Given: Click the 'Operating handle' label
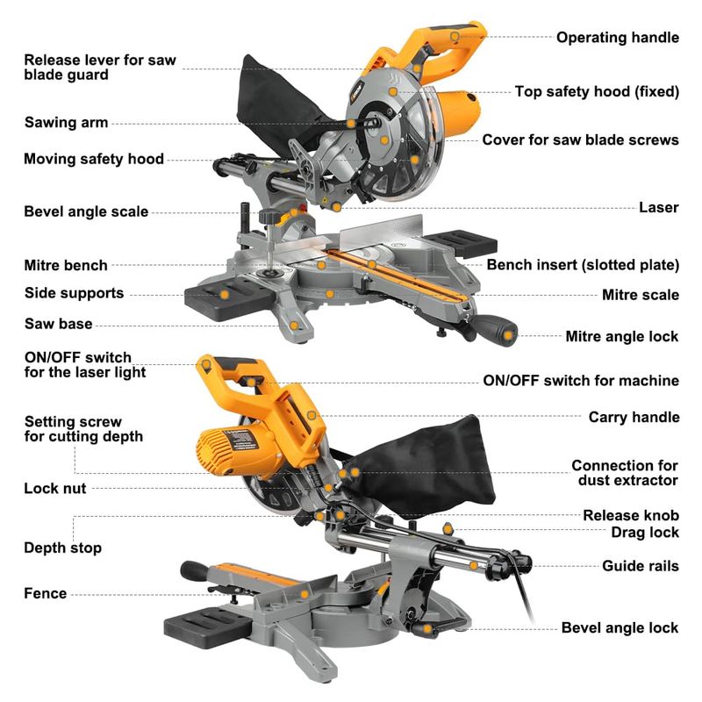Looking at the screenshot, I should (617, 37).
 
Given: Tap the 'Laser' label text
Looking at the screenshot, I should (658, 207).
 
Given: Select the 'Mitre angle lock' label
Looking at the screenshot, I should (621, 336).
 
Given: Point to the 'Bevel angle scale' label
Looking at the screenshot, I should (86, 211).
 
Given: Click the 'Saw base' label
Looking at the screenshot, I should (58, 324).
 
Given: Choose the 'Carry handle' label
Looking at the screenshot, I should (634, 417).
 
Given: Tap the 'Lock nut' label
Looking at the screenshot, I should (54, 488).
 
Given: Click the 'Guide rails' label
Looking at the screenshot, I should (640, 566).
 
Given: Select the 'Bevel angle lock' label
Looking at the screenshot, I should (620, 627).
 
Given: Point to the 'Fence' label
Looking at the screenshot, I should (45, 593).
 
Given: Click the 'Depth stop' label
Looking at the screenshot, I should (62, 548).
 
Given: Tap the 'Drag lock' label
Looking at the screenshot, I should (645, 532).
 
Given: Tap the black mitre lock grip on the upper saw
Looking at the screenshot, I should (498, 331).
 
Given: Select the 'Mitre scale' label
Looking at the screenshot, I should (640, 295).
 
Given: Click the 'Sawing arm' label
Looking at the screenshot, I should (66, 123).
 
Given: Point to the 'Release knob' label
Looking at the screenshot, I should (630, 515).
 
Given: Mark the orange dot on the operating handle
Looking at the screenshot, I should (455, 36).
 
